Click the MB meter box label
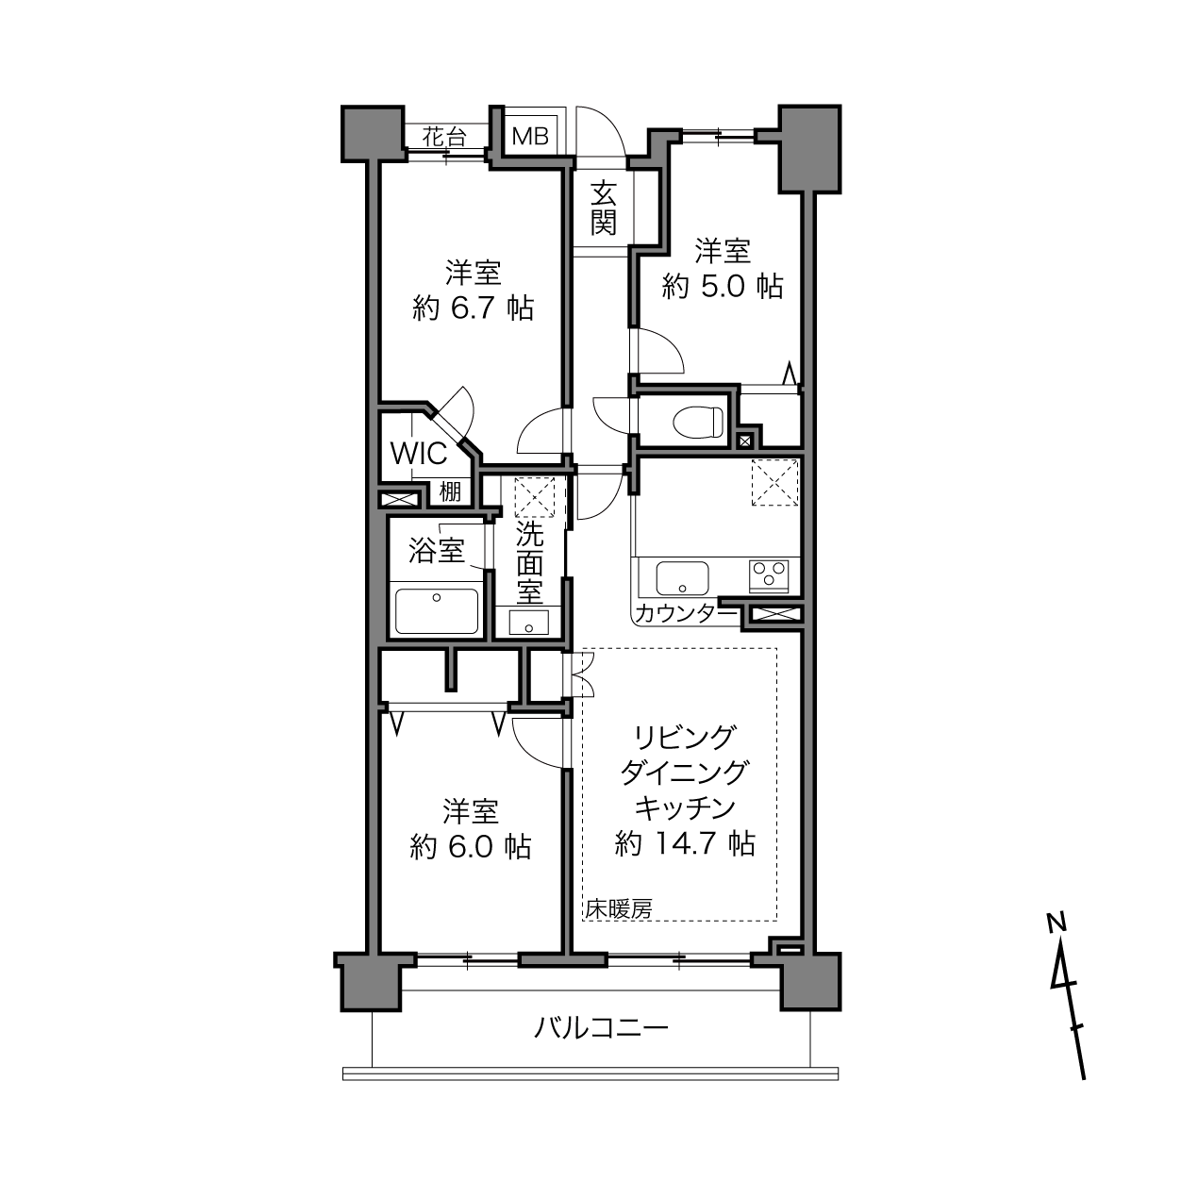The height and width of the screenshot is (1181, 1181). click(530, 136)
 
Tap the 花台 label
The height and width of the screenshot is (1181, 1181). click(444, 137)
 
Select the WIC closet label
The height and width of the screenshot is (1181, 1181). click(419, 454)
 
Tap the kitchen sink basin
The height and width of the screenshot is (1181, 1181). click(682, 578)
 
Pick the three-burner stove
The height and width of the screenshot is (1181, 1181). click(769, 576)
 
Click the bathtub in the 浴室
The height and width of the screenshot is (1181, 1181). click(437, 611)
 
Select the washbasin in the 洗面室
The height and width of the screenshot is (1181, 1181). click(528, 623)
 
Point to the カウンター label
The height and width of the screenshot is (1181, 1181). click(686, 613)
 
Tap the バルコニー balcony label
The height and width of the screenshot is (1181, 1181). click(601, 1027)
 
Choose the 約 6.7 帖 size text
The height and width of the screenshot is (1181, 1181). click(474, 308)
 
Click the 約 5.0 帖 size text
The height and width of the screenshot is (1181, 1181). click(723, 286)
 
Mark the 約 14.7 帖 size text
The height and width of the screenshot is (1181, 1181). click(685, 844)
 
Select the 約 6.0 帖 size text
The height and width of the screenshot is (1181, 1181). click(471, 847)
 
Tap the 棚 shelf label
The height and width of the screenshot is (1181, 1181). click(450, 491)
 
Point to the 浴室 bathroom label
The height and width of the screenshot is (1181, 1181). click(436, 550)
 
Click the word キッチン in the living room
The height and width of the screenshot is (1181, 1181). click(685, 808)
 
